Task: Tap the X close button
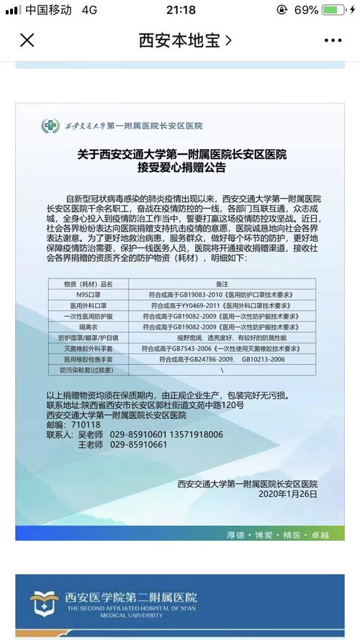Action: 27,40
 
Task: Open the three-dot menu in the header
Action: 332,40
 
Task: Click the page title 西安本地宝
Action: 184,40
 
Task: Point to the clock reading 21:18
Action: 180,10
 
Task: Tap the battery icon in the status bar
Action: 336,10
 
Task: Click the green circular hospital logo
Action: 50,126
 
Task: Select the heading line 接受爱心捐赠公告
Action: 181,169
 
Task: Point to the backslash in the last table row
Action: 222,369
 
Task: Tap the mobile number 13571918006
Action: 192,435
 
